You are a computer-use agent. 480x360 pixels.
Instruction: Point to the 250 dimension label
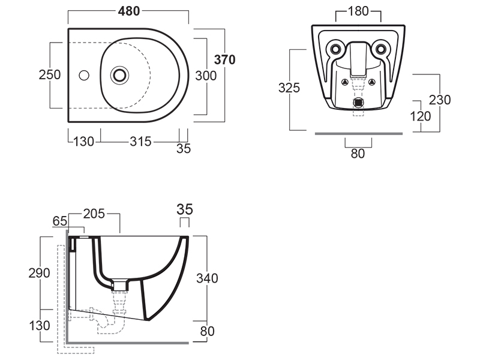[49, 75]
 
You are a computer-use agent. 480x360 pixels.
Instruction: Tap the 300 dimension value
[206, 75]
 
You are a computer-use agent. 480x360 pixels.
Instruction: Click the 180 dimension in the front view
[358, 11]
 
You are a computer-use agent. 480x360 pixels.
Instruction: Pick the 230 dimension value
[440, 100]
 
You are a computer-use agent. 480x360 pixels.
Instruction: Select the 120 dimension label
[420, 116]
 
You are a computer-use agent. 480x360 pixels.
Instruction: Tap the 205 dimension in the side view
[94, 213]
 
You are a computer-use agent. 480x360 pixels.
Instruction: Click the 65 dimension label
[60, 221]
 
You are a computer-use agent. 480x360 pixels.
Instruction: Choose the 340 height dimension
[207, 278]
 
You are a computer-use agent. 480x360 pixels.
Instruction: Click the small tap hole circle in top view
[83, 75]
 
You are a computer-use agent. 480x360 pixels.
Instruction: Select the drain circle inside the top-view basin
[120, 75]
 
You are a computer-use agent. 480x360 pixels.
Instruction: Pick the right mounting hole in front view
[381, 48]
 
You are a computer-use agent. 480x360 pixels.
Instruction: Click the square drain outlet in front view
[358, 102]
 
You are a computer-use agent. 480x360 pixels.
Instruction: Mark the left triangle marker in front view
[344, 82]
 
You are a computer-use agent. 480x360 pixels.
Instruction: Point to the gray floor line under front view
[359, 133]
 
